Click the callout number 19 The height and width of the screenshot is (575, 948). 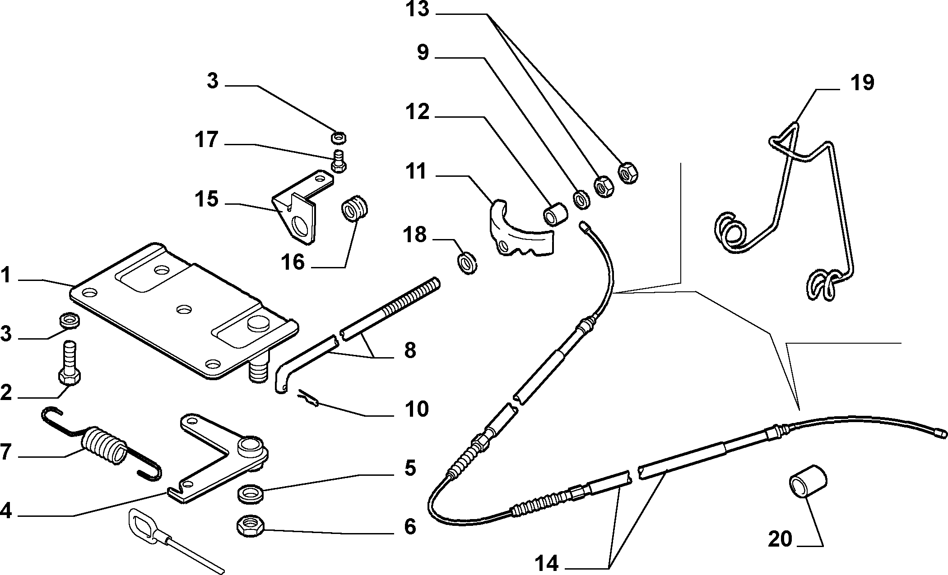click(x=862, y=83)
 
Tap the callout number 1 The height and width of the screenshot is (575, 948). click(x=5, y=276)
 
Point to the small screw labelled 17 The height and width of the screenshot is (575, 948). click(x=339, y=161)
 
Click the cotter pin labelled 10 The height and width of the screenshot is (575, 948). click(x=309, y=397)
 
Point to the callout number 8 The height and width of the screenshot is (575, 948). click(x=410, y=350)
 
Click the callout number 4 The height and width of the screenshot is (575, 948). click(x=5, y=511)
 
